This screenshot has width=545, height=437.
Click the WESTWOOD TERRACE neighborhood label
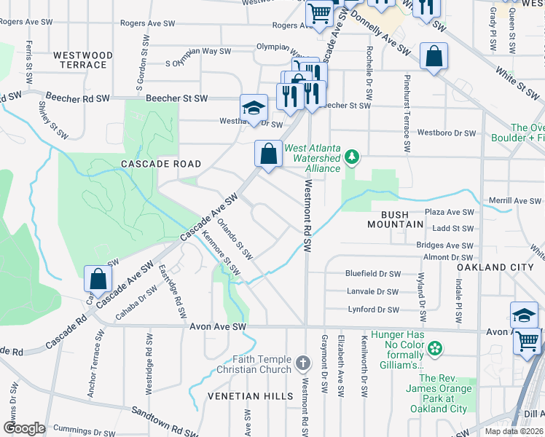pyautogui.click(x=83, y=60)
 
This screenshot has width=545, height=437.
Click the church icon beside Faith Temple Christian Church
pyautogui.click(x=304, y=362)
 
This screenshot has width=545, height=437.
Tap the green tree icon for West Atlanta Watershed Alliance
pyautogui.click(x=352, y=155)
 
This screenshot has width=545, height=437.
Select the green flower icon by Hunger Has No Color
pyautogui.click(x=435, y=349)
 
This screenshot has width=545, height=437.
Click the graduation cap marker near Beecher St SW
pyautogui.click(x=254, y=108)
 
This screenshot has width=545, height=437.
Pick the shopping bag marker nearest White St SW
pyautogui.click(x=434, y=58)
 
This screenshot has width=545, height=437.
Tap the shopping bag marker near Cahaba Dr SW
pyautogui.click(x=98, y=280)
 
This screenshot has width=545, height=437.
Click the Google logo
pyautogui.click(x=24, y=428)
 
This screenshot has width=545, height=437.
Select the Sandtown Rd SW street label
pyautogui.click(x=164, y=422)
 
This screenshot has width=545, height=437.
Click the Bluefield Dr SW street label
pyautogui.click(x=374, y=274)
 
